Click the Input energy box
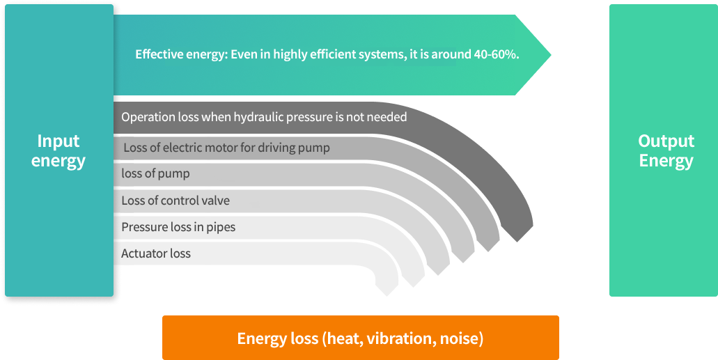[59, 150]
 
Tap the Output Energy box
[664, 150]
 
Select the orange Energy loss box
[360, 338]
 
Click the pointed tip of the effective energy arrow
[550, 55]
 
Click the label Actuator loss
[156, 253]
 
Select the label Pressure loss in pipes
[178, 227]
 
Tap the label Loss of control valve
[175, 200]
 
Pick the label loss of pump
[155, 174]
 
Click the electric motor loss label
[226, 148]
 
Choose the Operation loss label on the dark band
[264, 117]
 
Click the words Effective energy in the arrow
[179, 55]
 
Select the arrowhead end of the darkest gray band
[518, 233]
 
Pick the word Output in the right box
[666, 141]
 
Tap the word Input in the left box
[58, 141]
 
